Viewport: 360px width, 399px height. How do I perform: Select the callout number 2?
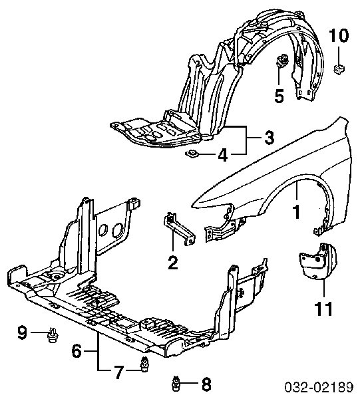tap(173, 263)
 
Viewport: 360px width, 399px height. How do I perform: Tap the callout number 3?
tap(269, 138)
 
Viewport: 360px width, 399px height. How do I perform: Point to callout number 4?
tap(223, 154)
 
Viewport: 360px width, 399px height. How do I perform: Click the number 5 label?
tap(279, 96)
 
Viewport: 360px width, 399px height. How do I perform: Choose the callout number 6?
tap(77, 351)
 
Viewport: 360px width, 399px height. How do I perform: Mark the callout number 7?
tap(119, 372)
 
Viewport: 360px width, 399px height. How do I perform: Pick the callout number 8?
tap(206, 384)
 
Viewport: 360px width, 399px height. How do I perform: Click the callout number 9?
tap(22, 332)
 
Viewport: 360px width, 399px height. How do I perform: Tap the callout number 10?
tap(339, 35)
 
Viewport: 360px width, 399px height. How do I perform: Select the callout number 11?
tap(323, 309)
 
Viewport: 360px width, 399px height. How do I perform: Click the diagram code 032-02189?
tap(319, 388)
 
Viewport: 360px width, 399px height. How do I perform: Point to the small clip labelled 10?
tap(339, 68)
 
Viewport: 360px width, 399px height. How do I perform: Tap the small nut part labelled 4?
tap(192, 154)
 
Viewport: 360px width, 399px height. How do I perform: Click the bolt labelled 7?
tap(144, 364)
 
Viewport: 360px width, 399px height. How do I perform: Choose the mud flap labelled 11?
tap(317, 261)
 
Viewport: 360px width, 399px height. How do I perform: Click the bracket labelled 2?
tap(179, 228)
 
